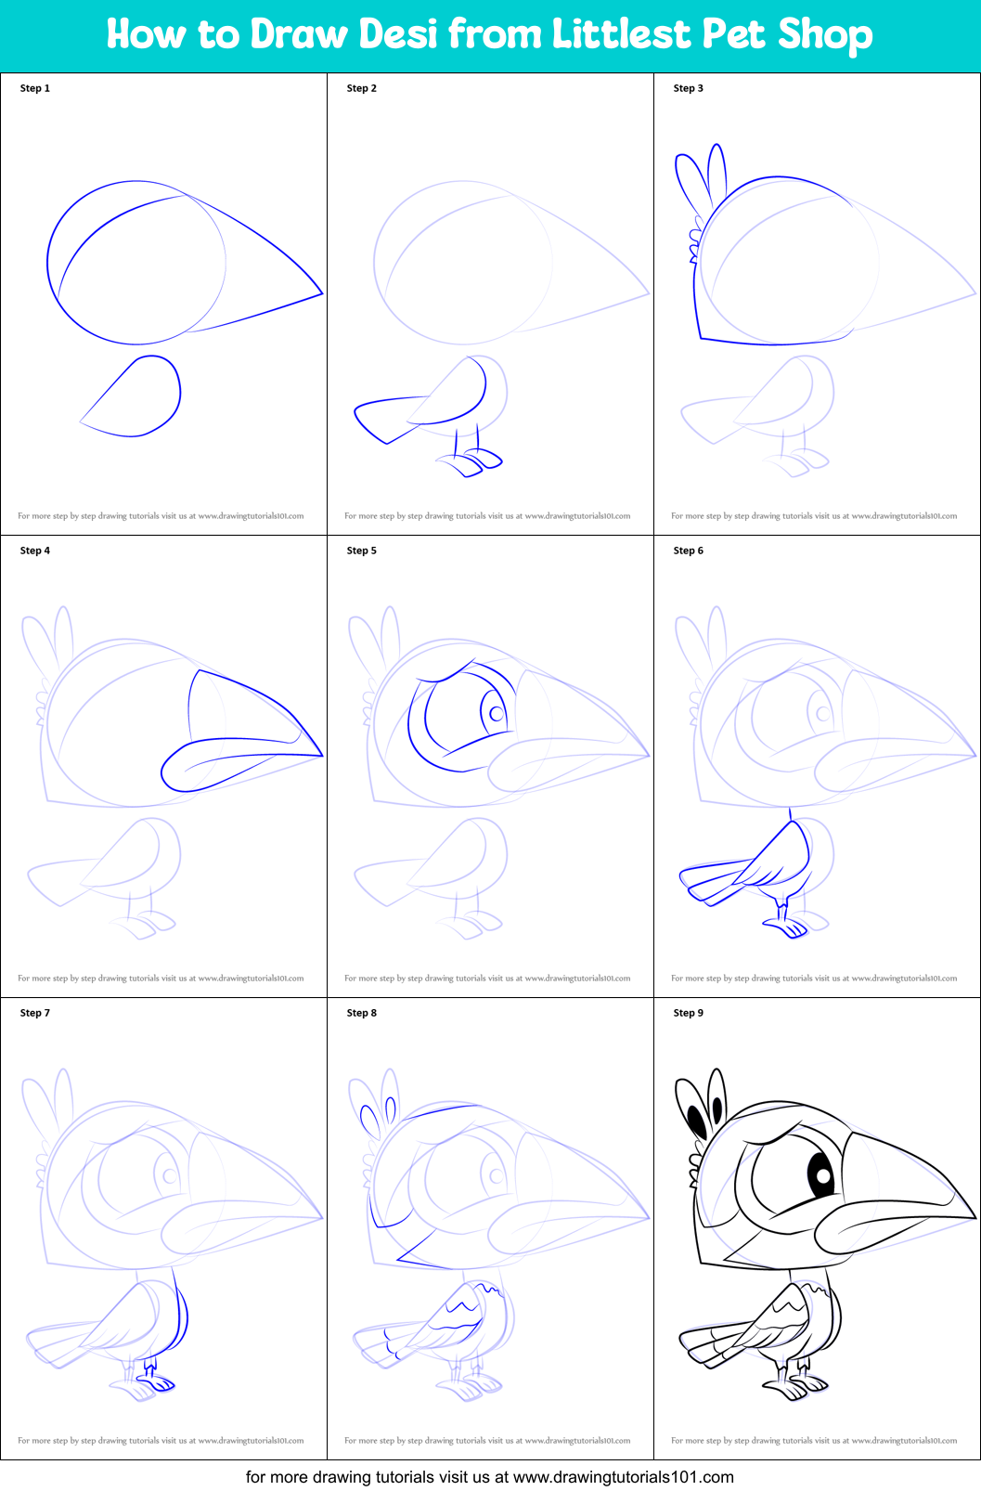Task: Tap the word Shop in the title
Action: coord(825,34)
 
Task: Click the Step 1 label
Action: coord(35,88)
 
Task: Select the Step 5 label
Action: coord(361,551)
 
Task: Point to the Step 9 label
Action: coord(688,1013)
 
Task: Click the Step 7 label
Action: coord(35,1013)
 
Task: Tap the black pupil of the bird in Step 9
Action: coord(822,1175)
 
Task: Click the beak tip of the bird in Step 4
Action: coord(320,754)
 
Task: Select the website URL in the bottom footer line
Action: coord(623,1476)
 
